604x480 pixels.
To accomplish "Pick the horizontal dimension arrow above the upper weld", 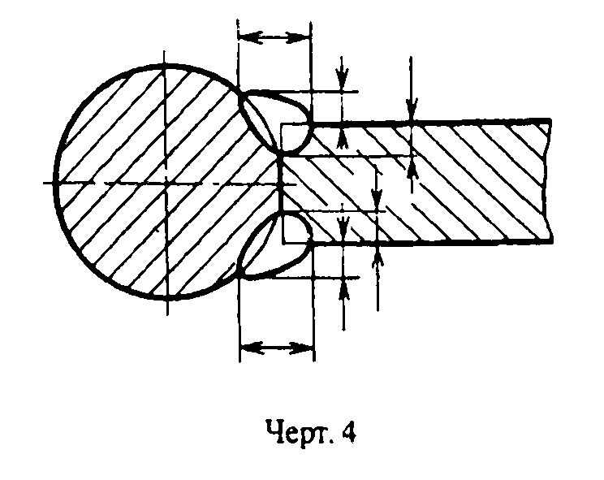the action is (275, 37).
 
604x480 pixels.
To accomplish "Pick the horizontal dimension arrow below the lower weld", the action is (276, 348).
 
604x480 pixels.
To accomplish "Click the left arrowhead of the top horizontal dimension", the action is (247, 37).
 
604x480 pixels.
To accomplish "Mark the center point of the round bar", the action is (166, 184).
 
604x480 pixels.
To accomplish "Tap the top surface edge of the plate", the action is (455, 123).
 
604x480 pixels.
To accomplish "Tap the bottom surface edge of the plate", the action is (455, 242).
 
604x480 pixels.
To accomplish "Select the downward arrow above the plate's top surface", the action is (412, 106).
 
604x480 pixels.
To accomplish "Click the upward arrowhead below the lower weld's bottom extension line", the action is (343, 288).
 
